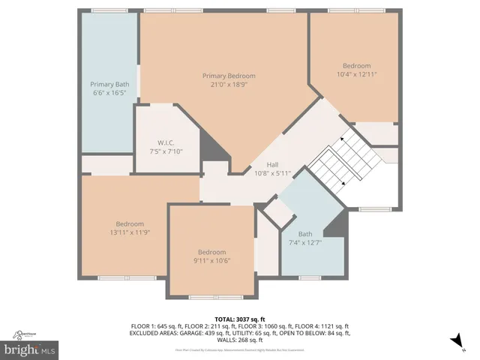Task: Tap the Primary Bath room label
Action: click(109, 84)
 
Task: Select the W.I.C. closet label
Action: click(166, 142)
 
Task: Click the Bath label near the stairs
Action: click(304, 233)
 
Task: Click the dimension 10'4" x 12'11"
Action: click(356, 74)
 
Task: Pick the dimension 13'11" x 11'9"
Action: click(130, 232)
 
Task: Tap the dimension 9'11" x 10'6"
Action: click(212, 261)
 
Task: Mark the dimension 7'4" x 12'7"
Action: click(304, 242)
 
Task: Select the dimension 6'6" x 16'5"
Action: click(109, 93)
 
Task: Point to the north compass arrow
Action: click(455, 341)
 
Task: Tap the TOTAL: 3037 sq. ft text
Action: click(240, 319)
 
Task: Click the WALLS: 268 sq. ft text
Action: click(240, 340)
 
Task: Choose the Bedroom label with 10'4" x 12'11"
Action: click(356, 65)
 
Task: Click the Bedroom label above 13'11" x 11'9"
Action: click(130, 223)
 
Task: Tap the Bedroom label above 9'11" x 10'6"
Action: click(212, 252)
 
